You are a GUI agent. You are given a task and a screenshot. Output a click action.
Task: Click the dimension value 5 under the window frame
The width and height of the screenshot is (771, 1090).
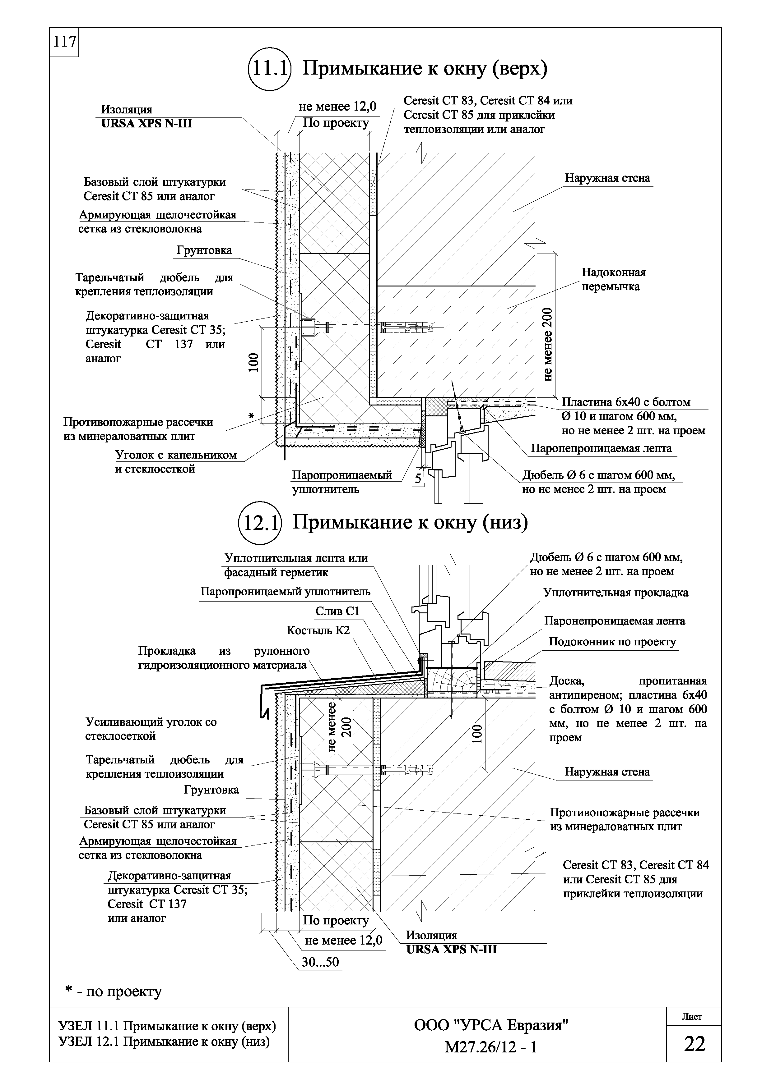coord(418,479)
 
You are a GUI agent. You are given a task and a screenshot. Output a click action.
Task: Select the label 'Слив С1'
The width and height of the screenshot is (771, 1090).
coord(337,612)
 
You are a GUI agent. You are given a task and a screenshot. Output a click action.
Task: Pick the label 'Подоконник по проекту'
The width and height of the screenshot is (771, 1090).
coord(612,642)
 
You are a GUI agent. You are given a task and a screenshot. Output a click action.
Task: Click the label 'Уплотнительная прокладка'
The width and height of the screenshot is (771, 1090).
coord(615,593)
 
